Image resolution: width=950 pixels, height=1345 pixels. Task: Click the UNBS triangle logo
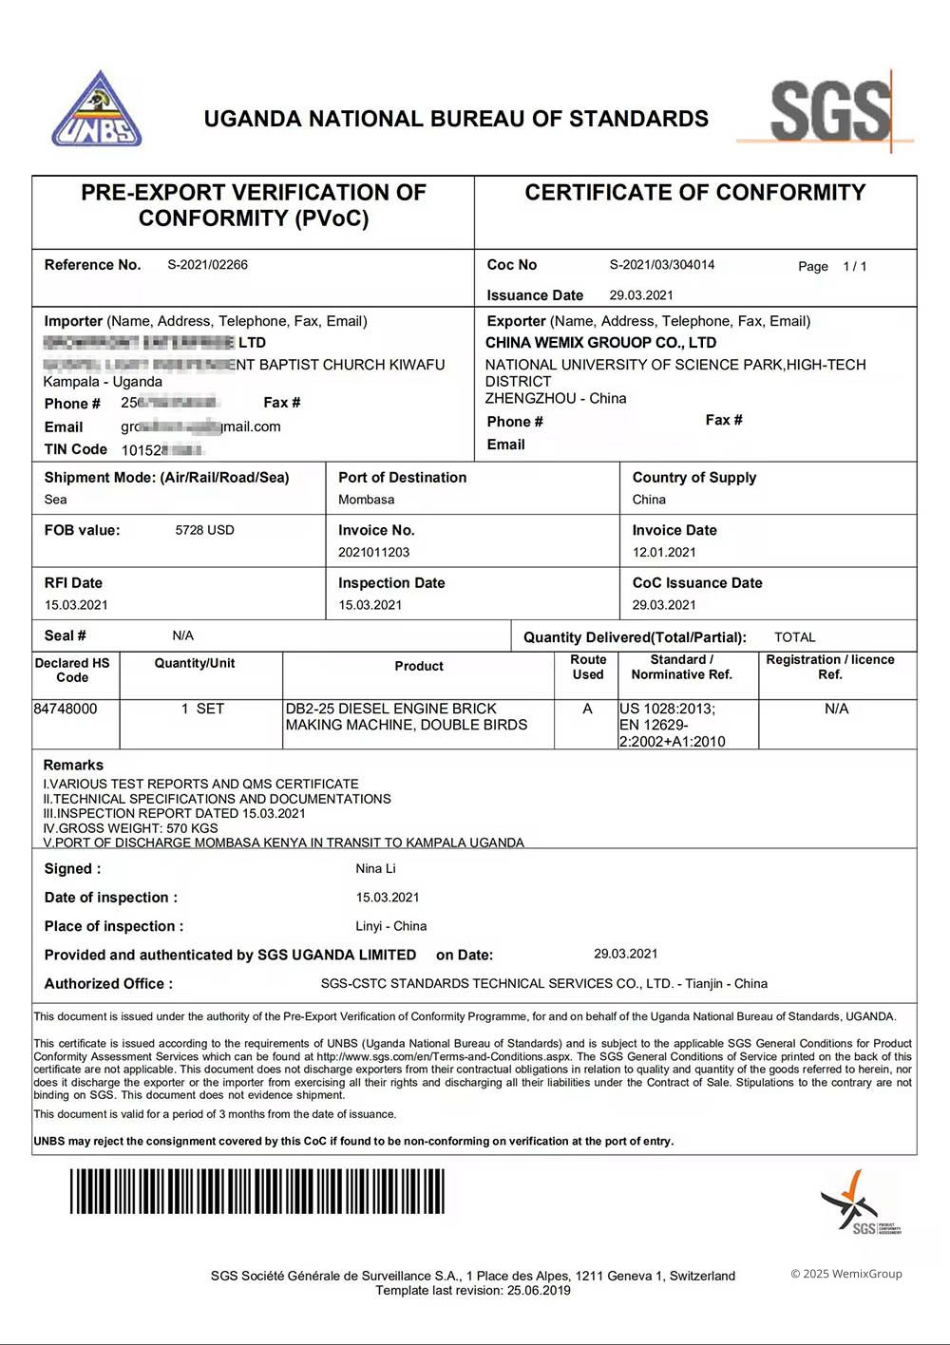point(97,110)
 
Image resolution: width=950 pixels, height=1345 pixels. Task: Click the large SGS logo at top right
point(829,111)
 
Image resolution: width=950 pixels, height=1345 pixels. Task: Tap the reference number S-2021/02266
point(207,265)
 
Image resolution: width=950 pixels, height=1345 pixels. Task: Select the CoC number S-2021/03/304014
point(661,265)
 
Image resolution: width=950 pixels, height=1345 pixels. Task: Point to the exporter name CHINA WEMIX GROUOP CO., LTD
point(600,343)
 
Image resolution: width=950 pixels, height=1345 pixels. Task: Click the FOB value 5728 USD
point(204,530)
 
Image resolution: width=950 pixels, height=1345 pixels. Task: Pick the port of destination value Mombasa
point(366,500)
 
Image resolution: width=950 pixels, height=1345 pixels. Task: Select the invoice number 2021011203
point(373,552)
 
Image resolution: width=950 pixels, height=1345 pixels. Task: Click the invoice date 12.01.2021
point(664,552)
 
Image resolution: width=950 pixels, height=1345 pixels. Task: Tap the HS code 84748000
point(65,709)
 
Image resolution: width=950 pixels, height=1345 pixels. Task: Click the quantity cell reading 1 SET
point(202,709)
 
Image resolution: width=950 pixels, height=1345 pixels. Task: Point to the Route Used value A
point(587,709)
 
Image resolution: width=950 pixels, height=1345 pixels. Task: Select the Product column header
point(419,667)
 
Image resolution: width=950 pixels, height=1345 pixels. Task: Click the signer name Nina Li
point(375,868)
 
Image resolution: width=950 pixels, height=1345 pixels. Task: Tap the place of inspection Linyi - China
point(390,926)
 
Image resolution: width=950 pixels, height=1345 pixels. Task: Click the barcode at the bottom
point(256,1191)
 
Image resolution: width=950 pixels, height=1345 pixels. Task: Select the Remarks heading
point(73,765)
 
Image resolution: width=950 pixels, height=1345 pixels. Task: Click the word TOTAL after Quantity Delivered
point(794,637)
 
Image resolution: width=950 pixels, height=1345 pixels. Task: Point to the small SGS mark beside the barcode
point(859,1203)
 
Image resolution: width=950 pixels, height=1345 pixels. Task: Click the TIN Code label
point(75,449)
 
